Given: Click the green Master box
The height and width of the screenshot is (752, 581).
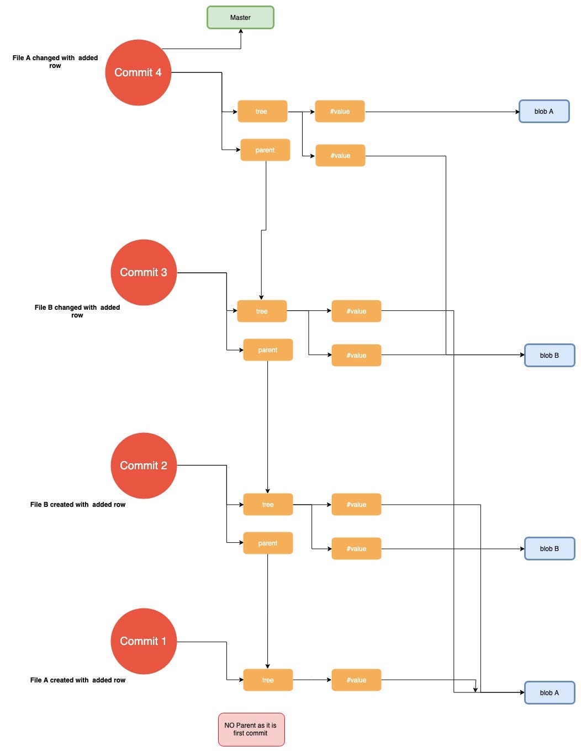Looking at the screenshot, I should pyautogui.click(x=240, y=18).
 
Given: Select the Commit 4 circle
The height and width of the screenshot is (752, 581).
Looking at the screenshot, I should pyautogui.click(x=138, y=72).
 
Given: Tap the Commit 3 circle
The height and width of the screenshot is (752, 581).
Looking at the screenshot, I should pyautogui.click(x=144, y=272).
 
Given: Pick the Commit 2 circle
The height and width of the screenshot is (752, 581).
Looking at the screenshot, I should pyautogui.click(x=144, y=465).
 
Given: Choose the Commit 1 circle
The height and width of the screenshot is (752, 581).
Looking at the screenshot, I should pyautogui.click(x=144, y=641).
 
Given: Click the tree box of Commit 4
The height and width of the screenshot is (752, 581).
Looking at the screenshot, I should pyautogui.click(x=262, y=112).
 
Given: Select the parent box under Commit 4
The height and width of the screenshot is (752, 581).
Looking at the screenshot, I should pyautogui.click(x=265, y=150).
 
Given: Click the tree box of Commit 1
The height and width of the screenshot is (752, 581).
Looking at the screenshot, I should pyautogui.click(x=268, y=680).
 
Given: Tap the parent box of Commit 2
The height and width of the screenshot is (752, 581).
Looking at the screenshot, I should pyautogui.click(x=268, y=543).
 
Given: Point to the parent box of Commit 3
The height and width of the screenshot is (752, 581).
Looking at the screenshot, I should pyautogui.click(x=268, y=350).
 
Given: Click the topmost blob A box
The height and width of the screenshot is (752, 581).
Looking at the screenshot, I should pyautogui.click(x=544, y=112).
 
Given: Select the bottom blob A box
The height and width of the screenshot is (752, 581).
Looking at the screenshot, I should pyautogui.click(x=550, y=693).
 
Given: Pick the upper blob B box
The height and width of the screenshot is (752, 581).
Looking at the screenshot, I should pyautogui.click(x=550, y=356).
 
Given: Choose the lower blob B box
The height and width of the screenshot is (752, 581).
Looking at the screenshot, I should pyautogui.click(x=550, y=549).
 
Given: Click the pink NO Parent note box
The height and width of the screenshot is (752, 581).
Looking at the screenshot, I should pyautogui.click(x=251, y=729).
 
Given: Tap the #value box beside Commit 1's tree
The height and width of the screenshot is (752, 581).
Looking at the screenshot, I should pyautogui.click(x=356, y=680).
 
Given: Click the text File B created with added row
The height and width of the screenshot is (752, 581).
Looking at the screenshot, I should pyautogui.click(x=78, y=505).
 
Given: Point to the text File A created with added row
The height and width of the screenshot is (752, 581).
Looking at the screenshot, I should pyautogui.click(x=78, y=680).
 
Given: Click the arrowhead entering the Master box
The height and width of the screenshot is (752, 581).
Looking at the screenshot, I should pyautogui.click(x=241, y=31).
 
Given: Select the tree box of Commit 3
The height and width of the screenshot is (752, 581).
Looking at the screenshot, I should pyautogui.click(x=262, y=311).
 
